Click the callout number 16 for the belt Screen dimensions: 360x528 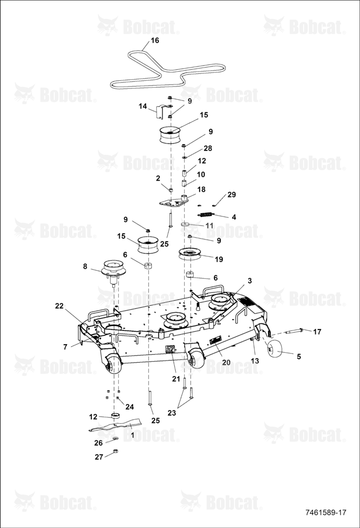pyautogui.click(x=155, y=41)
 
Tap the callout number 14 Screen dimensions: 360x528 pyautogui.click(x=143, y=107)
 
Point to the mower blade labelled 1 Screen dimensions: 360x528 pyautogui.click(x=115, y=425)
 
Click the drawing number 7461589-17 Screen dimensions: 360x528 pyautogui.click(x=326, y=513)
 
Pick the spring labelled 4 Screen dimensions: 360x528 pyautogui.click(x=205, y=214)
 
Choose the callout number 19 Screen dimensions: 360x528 pyautogui.click(x=219, y=259)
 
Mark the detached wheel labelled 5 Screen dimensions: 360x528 pyautogui.click(x=272, y=348)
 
